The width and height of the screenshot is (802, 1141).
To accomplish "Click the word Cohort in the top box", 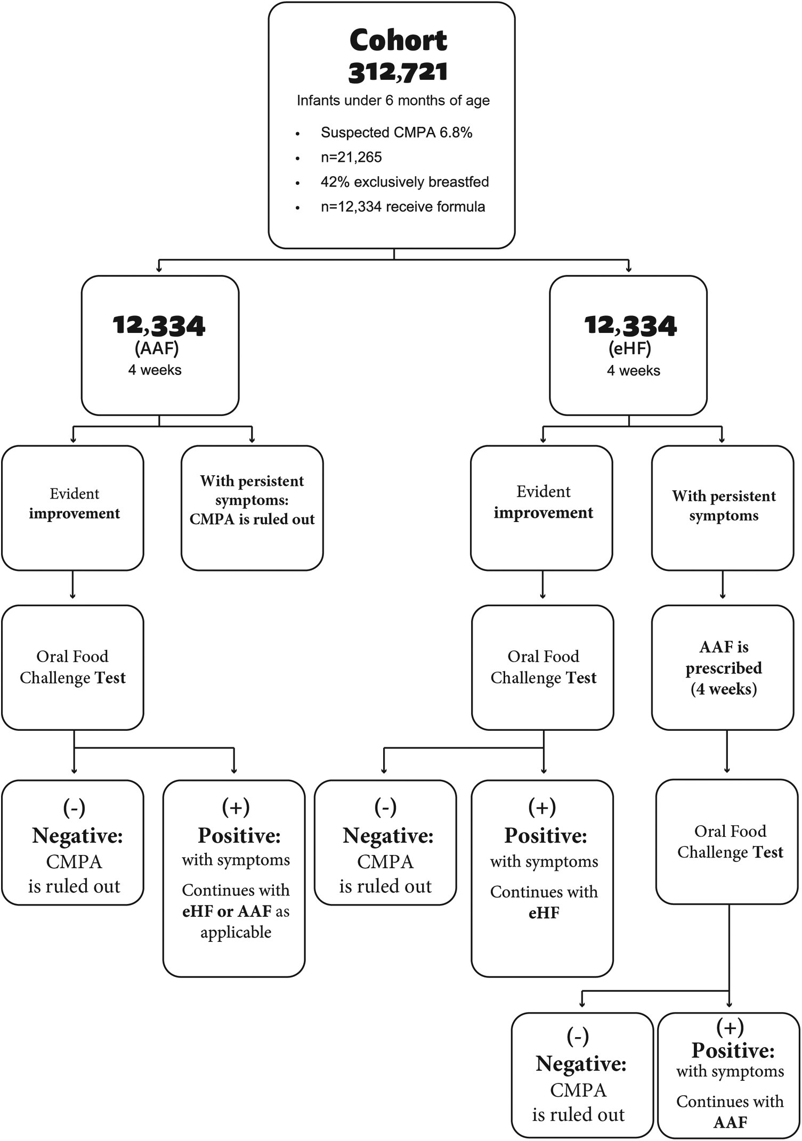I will (x=398, y=40).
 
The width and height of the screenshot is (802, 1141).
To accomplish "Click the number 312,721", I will (x=398, y=72).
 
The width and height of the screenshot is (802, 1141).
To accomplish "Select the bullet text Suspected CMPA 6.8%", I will (x=396, y=133).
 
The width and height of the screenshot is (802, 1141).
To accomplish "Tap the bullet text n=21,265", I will (x=351, y=157).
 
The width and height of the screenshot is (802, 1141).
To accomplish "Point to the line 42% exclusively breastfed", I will (x=404, y=182).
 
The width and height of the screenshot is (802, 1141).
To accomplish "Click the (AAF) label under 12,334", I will (x=157, y=348).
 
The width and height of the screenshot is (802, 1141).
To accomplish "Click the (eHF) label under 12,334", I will (x=630, y=348).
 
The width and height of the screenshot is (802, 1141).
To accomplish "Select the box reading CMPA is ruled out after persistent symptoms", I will (x=252, y=508).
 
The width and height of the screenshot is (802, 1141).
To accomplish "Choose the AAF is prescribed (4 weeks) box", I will (x=723, y=667).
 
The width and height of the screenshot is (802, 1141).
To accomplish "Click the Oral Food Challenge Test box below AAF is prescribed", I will (x=730, y=842).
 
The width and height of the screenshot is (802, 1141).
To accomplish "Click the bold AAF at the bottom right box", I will (x=730, y=1122).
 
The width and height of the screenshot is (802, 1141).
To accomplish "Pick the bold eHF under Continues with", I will (x=544, y=913).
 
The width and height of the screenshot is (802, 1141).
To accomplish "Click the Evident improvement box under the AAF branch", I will (x=74, y=508).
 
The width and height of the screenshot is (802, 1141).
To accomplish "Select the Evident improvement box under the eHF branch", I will (x=542, y=508).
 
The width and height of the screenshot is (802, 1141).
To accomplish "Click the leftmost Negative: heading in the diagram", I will (x=77, y=835).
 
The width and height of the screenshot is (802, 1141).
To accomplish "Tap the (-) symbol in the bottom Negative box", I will (x=578, y=1036).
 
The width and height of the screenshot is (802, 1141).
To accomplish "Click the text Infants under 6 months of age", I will (x=393, y=101).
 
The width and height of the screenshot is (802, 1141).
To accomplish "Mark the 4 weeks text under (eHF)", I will (x=633, y=371).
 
